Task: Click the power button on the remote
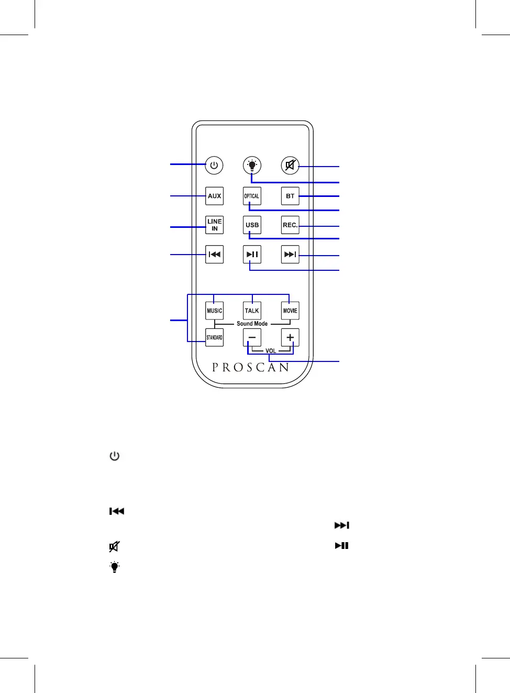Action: (x=214, y=166)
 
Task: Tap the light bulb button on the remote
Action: (x=252, y=166)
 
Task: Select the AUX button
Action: (x=214, y=196)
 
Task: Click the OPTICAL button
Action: (x=252, y=196)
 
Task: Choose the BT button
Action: (x=290, y=196)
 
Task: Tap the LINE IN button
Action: (x=214, y=225)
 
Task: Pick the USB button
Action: (x=252, y=225)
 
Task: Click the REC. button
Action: (x=290, y=225)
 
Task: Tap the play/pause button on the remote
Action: (x=252, y=255)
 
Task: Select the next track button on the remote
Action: (x=290, y=255)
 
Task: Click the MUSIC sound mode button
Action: (x=214, y=311)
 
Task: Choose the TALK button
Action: (x=252, y=311)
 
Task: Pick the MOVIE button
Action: (x=290, y=311)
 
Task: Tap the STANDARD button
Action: (x=214, y=337)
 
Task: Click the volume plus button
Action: (x=290, y=337)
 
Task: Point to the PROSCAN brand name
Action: (x=251, y=367)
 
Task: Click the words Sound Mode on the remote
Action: (x=252, y=324)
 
